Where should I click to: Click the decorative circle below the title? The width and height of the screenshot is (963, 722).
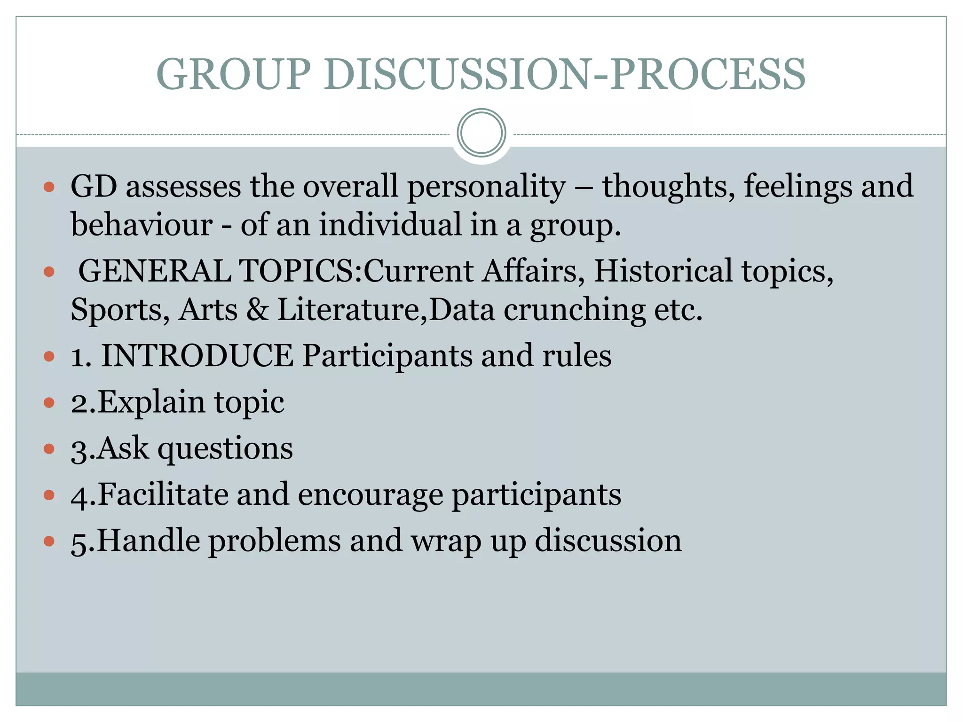(481, 133)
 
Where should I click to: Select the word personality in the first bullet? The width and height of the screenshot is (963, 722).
(486, 187)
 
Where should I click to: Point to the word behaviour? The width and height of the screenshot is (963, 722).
(142, 224)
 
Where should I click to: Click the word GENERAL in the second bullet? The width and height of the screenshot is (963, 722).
(155, 271)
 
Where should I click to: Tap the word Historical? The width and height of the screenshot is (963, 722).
(663, 271)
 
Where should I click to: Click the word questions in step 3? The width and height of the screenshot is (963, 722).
(225, 449)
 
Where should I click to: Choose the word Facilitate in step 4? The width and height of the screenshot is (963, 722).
(163, 494)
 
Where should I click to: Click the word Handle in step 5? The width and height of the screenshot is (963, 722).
(148, 541)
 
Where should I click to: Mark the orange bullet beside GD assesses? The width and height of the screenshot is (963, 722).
(49, 188)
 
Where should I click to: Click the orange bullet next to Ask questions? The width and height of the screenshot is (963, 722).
(49, 448)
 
